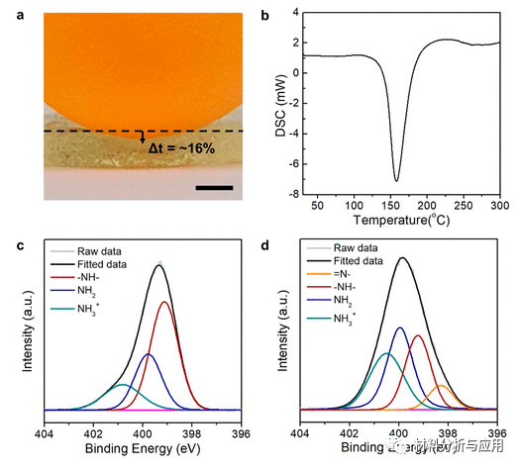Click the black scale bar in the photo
click(214, 186)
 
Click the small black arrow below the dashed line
click(141, 141)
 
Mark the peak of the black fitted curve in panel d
click(402, 258)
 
